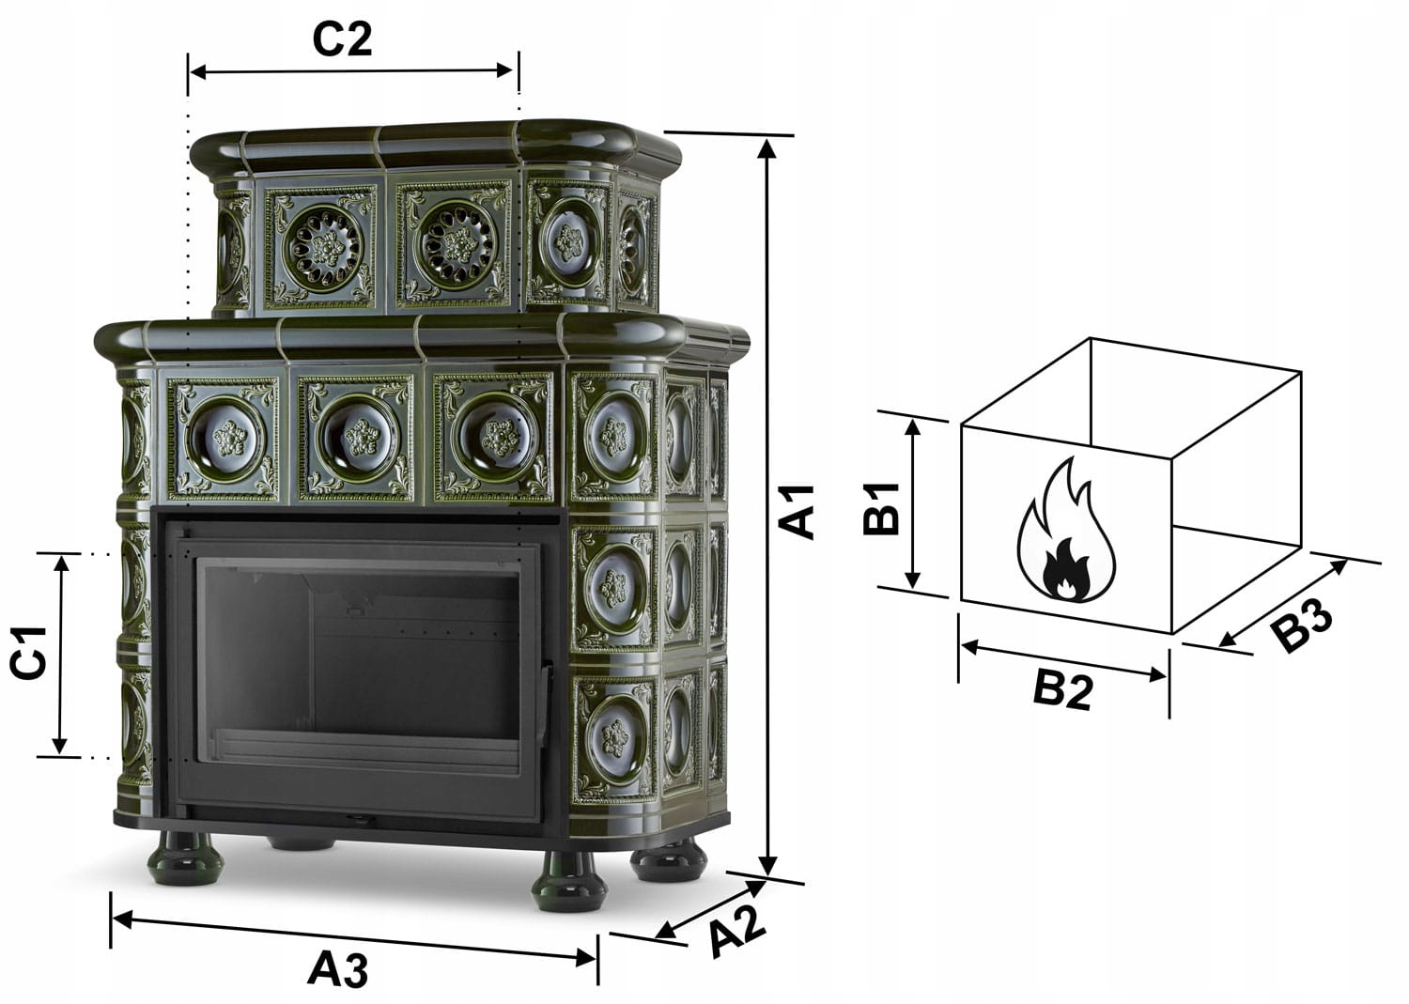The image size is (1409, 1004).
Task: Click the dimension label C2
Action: [x=342, y=39]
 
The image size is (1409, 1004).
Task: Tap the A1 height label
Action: [x=797, y=512]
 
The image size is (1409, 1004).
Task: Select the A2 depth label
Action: [x=738, y=939]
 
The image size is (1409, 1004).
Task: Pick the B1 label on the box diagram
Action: [x=881, y=508]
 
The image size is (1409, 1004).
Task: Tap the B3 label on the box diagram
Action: [x=1301, y=625]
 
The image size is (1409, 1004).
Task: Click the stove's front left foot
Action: [x=186, y=859]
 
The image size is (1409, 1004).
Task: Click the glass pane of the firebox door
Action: [x=358, y=667]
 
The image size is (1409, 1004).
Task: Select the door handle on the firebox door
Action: [x=546, y=698]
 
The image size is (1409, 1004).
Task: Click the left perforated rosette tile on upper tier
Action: [x=321, y=247]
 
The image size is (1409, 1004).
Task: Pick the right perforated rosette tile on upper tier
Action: [x=455, y=245]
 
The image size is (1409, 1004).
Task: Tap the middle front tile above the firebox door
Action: [x=357, y=439]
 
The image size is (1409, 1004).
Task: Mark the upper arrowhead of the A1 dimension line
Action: [x=766, y=148]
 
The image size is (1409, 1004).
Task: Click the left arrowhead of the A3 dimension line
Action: [x=122, y=919]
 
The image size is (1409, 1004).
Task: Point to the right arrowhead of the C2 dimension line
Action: [x=504, y=70]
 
